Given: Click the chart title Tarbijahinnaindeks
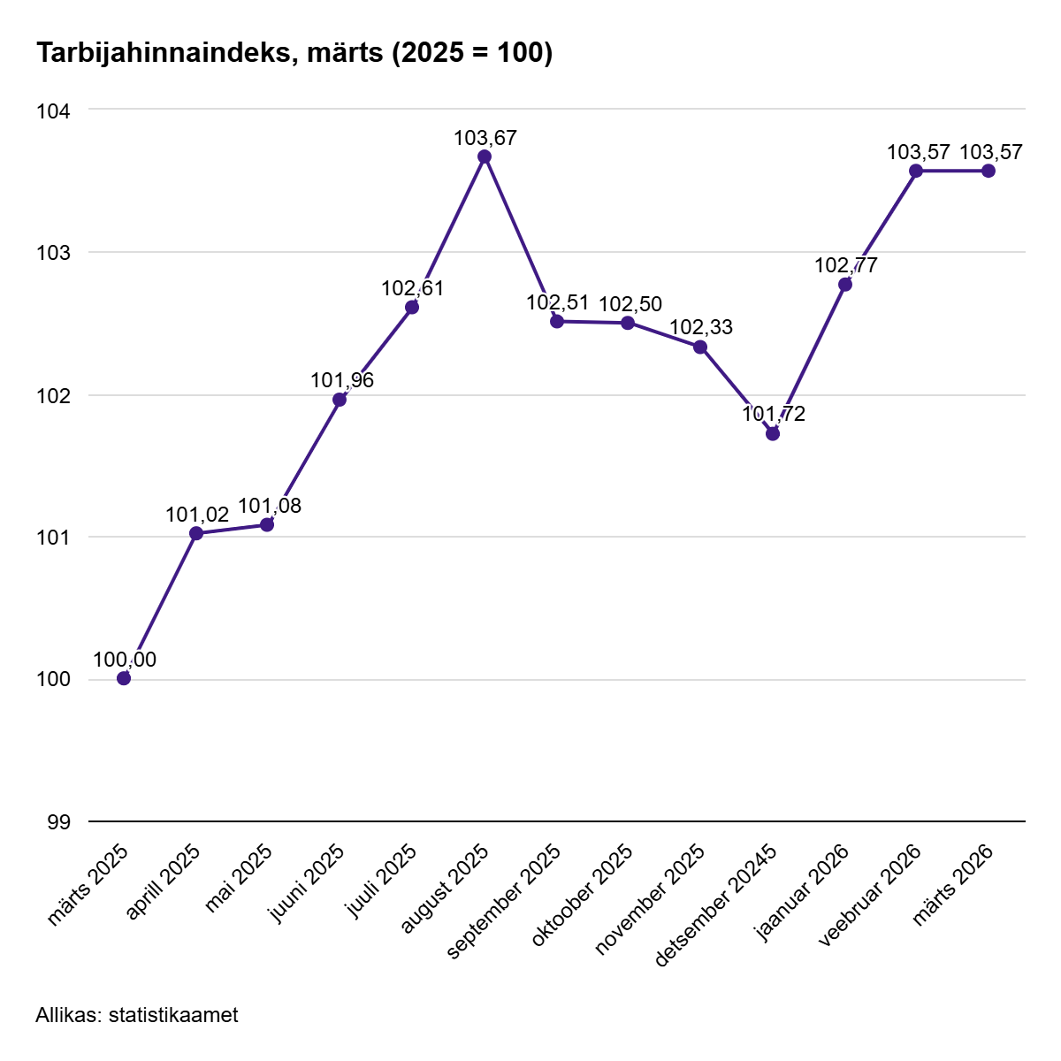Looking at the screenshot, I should (294, 53).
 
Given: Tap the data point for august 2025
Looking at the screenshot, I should (485, 156).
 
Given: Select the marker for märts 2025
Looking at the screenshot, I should (124, 678).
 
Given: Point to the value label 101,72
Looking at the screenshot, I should (774, 414).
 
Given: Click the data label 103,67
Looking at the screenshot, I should (485, 138).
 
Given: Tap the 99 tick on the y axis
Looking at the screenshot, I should (58, 822).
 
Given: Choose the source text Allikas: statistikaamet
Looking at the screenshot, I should (137, 1015).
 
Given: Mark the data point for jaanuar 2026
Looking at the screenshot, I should (845, 284).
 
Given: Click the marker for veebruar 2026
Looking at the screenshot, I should (916, 171).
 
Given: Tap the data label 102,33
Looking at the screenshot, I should (701, 327).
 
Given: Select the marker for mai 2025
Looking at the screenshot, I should (267, 524).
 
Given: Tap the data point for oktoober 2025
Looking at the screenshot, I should (628, 323).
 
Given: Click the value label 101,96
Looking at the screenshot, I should (342, 380).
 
